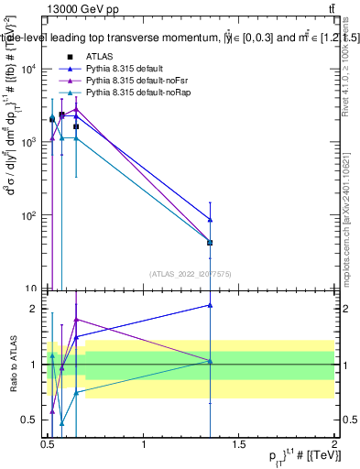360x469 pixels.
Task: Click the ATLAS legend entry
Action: click(x=101, y=56)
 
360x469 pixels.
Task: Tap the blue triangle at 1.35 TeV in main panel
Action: click(x=211, y=220)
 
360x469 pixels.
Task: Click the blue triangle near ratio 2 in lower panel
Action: click(x=211, y=305)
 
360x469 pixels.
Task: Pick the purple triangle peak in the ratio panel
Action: click(x=76, y=320)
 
